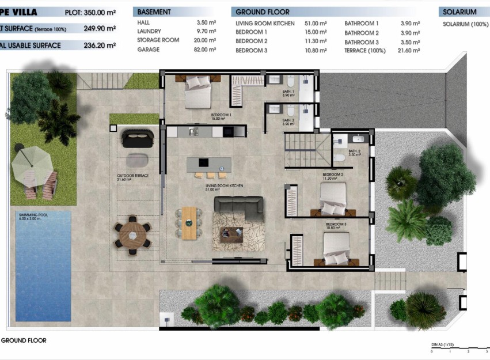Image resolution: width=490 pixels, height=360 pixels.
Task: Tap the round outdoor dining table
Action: pos(133,235)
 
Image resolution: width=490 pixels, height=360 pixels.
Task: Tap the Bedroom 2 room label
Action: pos(333,175)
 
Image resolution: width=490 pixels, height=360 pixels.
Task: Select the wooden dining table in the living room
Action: pos(189,222)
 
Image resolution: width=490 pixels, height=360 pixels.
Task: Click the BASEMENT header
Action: pos(154,12)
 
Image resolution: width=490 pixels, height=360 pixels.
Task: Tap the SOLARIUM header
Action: pos(460,12)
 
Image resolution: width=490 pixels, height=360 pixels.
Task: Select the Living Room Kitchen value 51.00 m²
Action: pos(316,24)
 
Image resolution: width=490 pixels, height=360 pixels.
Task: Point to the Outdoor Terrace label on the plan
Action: pos(129,176)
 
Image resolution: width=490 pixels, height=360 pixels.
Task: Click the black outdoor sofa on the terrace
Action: pos(138,138)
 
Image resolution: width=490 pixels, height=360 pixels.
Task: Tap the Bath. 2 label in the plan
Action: pos(354,153)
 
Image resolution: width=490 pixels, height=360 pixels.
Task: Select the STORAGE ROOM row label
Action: pos(158,40)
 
